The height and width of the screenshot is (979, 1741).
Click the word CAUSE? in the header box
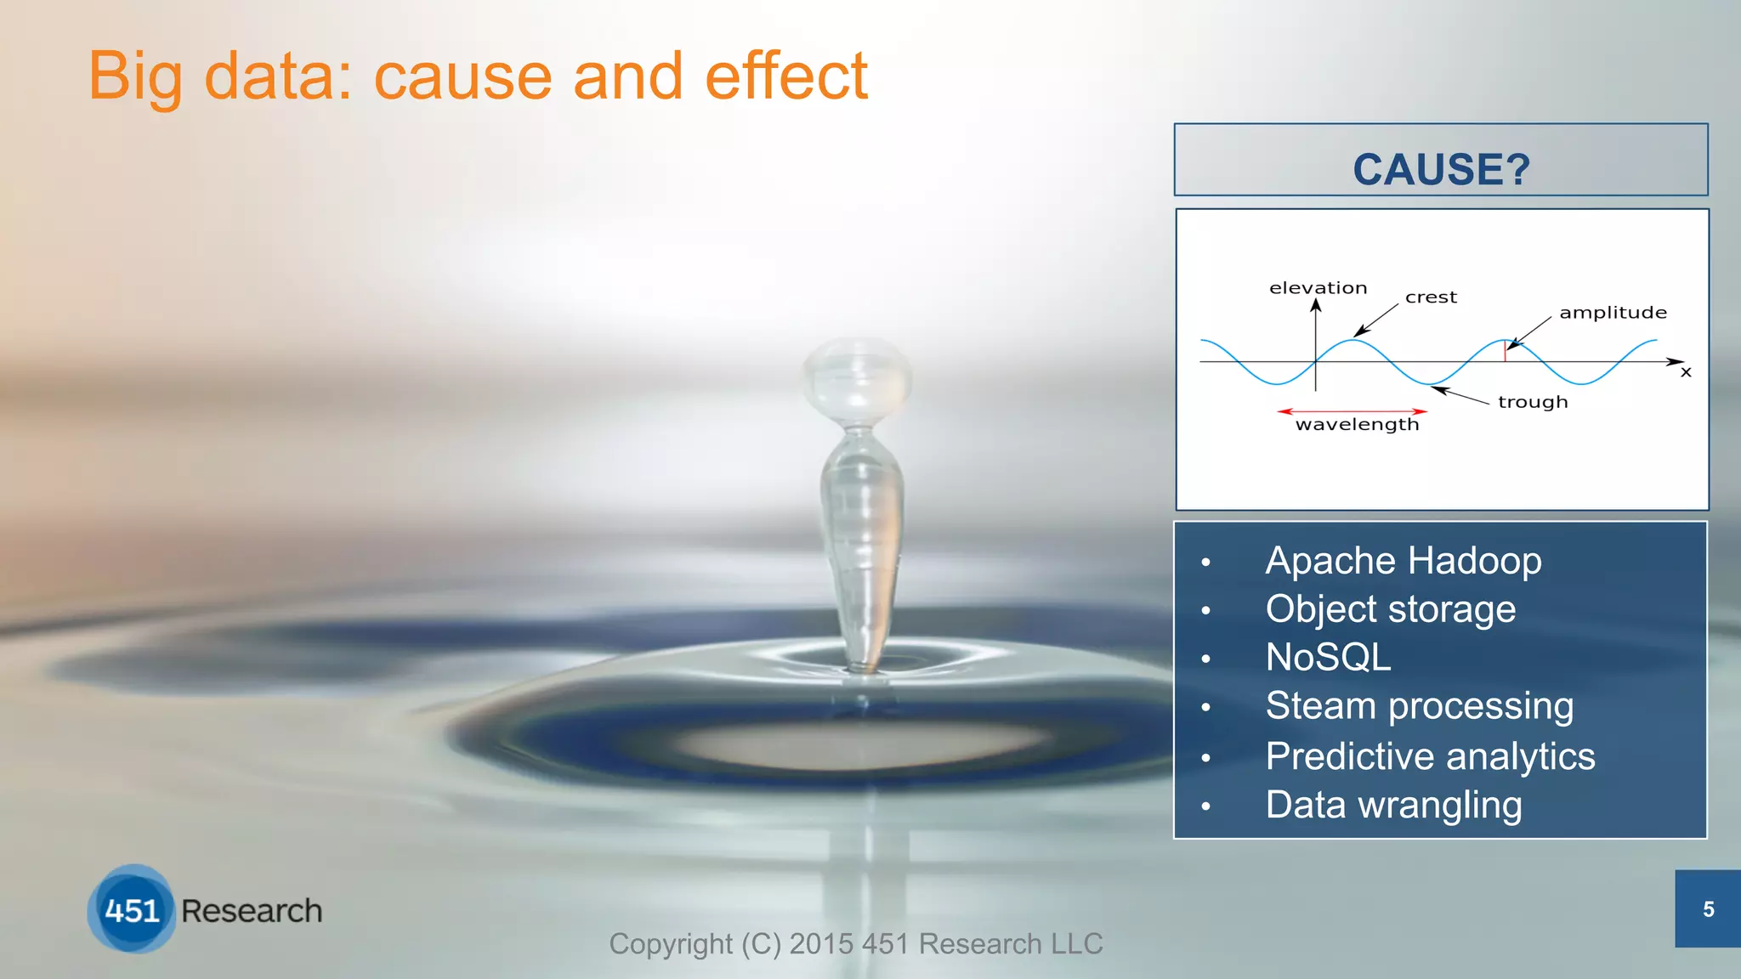click(1441, 169)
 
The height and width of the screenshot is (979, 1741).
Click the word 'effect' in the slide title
click(785, 76)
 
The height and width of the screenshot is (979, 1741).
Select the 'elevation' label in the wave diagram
click(1318, 288)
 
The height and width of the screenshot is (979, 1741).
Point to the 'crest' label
click(1431, 297)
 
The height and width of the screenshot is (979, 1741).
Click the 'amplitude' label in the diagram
click(1613, 313)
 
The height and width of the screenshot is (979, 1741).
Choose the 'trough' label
click(1532, 402)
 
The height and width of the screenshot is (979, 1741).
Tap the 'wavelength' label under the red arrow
click(1357, 424)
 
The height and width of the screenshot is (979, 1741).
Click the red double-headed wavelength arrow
click(1352, 411)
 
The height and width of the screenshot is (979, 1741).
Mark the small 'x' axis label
click(1686, 372)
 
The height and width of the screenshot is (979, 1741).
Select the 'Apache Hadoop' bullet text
click(1403, 561)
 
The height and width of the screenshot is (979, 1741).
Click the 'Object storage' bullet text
click(1390, 609)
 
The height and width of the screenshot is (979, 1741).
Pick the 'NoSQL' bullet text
click(1328, 657)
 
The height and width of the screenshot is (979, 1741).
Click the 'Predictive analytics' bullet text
click(1430, 756)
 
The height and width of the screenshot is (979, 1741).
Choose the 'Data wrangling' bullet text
click(1393, 805)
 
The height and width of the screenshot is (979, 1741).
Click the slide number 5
click(1708, 909)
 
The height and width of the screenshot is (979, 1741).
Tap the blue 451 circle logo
click(132, 909)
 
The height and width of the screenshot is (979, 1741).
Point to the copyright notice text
click(855, 943)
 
